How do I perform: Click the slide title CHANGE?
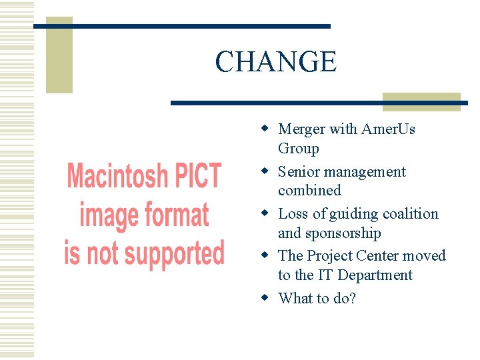pyautogui.click(x=275, y=62)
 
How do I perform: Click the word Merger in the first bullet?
pyautogui.click(x=301, y=129)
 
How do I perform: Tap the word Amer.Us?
pyautogui.click(x=388, y=129)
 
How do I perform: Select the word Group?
pyautogui.click(x=298, y=148)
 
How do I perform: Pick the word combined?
pyautogui.click(x=309, y=191)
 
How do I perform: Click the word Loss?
pyautogui.click(x=293, y=213)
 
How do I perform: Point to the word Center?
pyautogui.click(x=377, y=255)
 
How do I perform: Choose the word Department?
pyautogui.click(x=375, y=275)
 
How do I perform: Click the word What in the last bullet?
pyautogui.click(x=295, y=297)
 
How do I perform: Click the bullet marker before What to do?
pyautogui.click(x=265, y=297)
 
